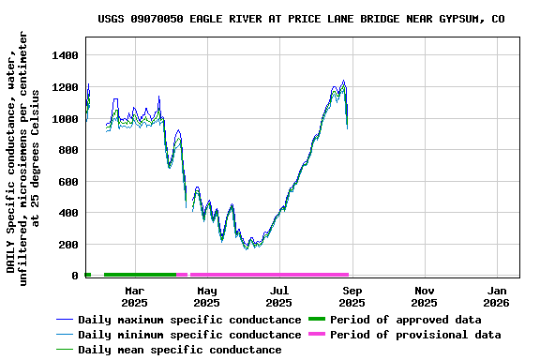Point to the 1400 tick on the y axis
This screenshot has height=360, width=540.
pos(63,56)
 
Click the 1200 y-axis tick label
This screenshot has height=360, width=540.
pos(63,88)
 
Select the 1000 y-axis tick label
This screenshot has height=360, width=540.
pos(63,119)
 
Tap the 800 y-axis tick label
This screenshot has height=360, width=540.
pos(67,151)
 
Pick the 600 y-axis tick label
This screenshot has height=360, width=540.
pos(67,182)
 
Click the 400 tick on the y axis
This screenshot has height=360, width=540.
pos(67,214)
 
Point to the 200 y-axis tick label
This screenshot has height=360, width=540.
pos(67,245)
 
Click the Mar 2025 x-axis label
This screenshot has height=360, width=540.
pos(134,296)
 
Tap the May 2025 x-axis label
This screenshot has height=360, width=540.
pos(207,296)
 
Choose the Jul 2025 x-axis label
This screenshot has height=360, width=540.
pos(279,296)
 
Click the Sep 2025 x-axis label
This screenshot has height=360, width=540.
pos(352,296)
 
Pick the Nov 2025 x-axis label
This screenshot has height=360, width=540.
pos(424,296)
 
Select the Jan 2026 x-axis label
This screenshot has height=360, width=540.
pos(496,296)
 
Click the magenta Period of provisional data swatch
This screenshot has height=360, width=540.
pos(319,335)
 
